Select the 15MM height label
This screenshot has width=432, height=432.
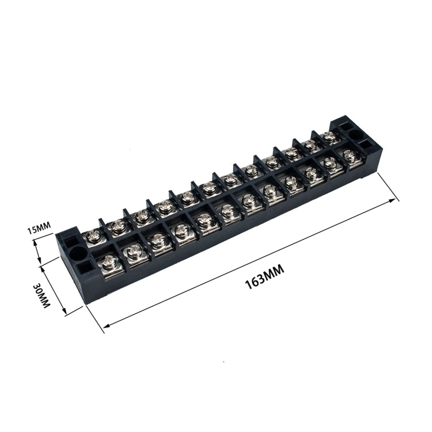coord(39,229)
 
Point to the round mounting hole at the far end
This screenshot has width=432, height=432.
coord(355,134)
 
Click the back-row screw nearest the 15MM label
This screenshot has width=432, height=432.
coord(93,235)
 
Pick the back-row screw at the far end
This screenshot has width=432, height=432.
coord(328,136)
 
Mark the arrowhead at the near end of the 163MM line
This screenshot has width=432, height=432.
coord(104,330)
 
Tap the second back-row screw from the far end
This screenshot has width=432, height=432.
coord(310,145)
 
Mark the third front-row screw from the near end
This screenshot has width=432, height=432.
coord(158,241)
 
